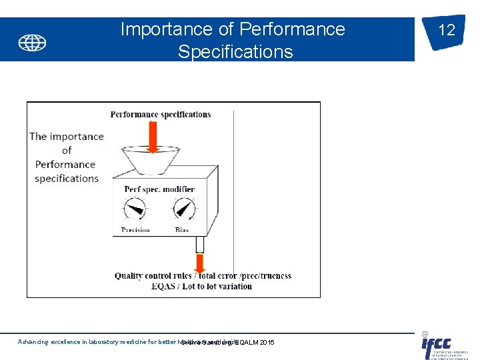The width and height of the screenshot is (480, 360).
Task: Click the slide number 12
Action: (x=446, y=30)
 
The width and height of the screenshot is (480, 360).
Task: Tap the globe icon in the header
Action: (x=32, y=43)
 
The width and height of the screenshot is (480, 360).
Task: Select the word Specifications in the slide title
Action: (x=235, y=52)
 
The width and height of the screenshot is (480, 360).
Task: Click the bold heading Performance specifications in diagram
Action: (x=161, y=114)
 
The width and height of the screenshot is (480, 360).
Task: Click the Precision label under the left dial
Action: (x=135, y=230)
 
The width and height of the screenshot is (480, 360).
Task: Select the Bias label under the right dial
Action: (x=182, y=230)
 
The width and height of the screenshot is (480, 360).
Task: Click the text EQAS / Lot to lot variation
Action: (x=202, y=286)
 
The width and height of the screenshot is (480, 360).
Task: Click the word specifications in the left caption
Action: (x=67, y=178)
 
